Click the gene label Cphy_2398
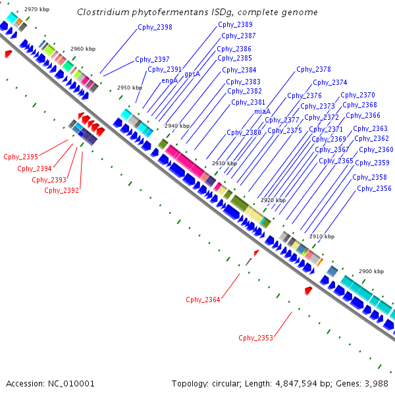click(x=155, y=27)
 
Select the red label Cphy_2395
click(x=20, y=157)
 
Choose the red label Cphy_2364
click(x=203, y=300)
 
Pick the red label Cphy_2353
click(x=255, y=338)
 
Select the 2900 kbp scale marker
click(x=371, y=271)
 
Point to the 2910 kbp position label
click(x=322, y=236)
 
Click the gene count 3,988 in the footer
click(x=376, y=383)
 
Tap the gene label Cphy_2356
click(x=374, y=188)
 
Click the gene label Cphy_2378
click(x=313, y=69)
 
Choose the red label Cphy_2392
click(x=61, y=190)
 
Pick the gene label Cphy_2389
click(x=235, y=24)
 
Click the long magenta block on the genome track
click(x=186, y=161)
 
